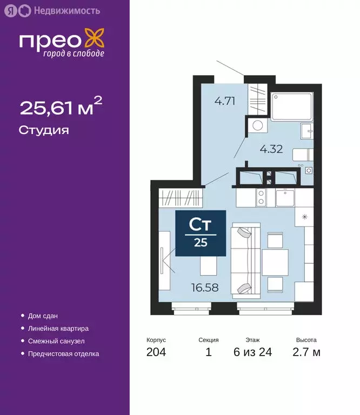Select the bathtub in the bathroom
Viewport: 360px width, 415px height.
tap(291, 106)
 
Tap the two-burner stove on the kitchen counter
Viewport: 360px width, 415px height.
tap(261, 198)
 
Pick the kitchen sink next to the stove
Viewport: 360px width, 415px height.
tap(284, 198)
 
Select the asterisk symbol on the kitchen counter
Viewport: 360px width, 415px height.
tap(304, 217)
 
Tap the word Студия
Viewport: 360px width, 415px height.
tap(44, 130)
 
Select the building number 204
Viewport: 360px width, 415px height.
tap(156, 353)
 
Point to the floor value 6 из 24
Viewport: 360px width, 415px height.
tap(252, 353)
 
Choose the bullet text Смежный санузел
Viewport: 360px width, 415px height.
tap(56, 342)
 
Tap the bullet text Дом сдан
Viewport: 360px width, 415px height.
tap(43, 316)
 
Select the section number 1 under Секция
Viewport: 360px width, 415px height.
tap(208, 353)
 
